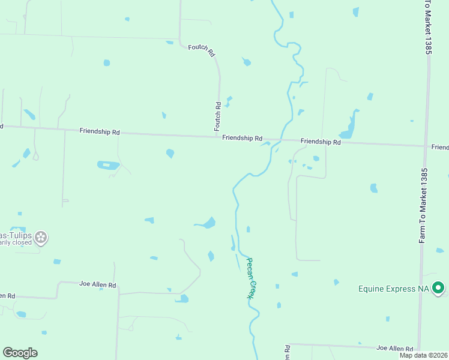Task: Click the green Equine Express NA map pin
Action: pyautogui.click(x=439, y=289)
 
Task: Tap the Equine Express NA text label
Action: pyautogui.click(x=393, y=289)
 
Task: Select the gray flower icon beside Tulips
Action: pyautogui.click(x=41, y=238)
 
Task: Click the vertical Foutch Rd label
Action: pyautogui.click(x=218, y=116)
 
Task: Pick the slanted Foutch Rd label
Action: pyautogui.click(x=202, y=49)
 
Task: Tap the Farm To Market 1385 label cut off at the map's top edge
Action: pyautogui.click(x=428, y=27)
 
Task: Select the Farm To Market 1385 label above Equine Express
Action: pyautogui.click(x=424, y=205)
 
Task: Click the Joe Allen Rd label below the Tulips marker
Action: pyautogui.click(x=98, y=284)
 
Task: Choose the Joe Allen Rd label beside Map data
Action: pyautogui.click(x=394, y=348)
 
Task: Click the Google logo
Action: pyautogui.click(x=20, y=353)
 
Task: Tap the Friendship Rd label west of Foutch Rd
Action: pyautogui.click(x=100, y=131)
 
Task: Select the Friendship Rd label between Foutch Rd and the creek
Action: pyautogui.click(x=242, y=138)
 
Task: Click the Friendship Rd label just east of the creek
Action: pyautogui.click(x=321, y=142)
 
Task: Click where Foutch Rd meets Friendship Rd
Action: pyautogui.click(x=220, y=136)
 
